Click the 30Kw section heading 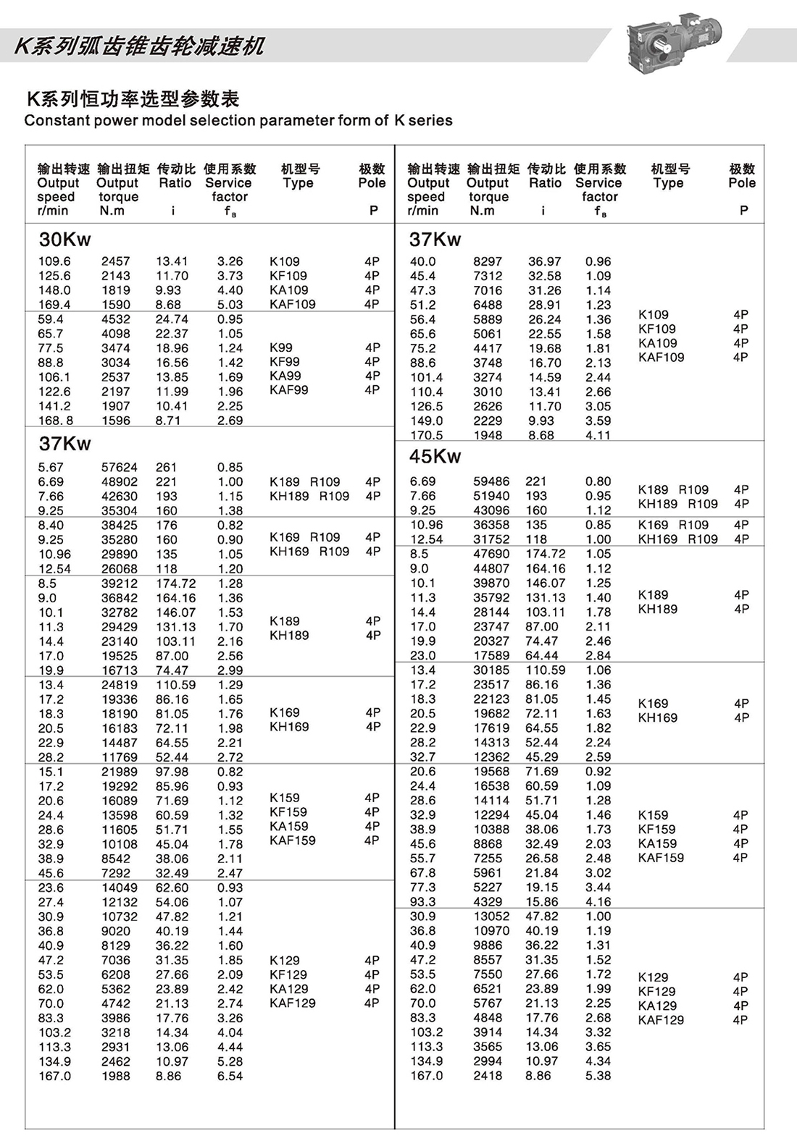[65, 240]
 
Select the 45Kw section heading [435, 457]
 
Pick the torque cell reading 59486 [491, 481]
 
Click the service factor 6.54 [230, 1077]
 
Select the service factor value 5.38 [598, 1076]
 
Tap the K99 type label [281, 347]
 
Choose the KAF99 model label [288, 390]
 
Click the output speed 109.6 [54, 261]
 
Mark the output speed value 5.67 [51, 468]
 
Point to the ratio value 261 [166, 468]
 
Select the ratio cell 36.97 [544, 261]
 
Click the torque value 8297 [488, 261]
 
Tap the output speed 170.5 [426, 435]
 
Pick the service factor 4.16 [598, 902]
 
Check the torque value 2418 [488, 1076]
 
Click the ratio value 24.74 [172, 319]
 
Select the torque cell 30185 [491, 670]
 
